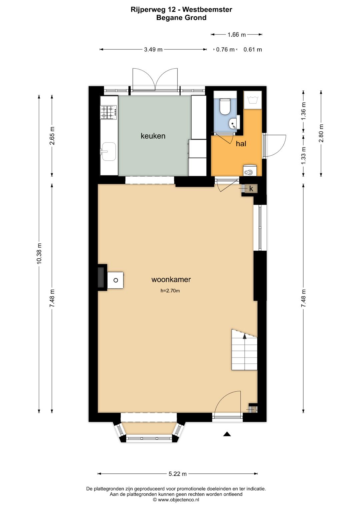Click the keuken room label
pos(153,136)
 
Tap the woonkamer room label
pos(171,279)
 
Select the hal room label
pos(241,144)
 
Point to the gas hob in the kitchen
pos(109,112)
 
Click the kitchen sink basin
pos(109,151)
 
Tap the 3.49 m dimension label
pos(153,49)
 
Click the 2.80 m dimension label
pos(321,133)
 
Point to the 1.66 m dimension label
pos(237,35)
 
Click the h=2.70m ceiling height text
pos(170,291)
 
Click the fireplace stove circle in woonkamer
pos(116,280)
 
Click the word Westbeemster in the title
pos(207,10)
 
